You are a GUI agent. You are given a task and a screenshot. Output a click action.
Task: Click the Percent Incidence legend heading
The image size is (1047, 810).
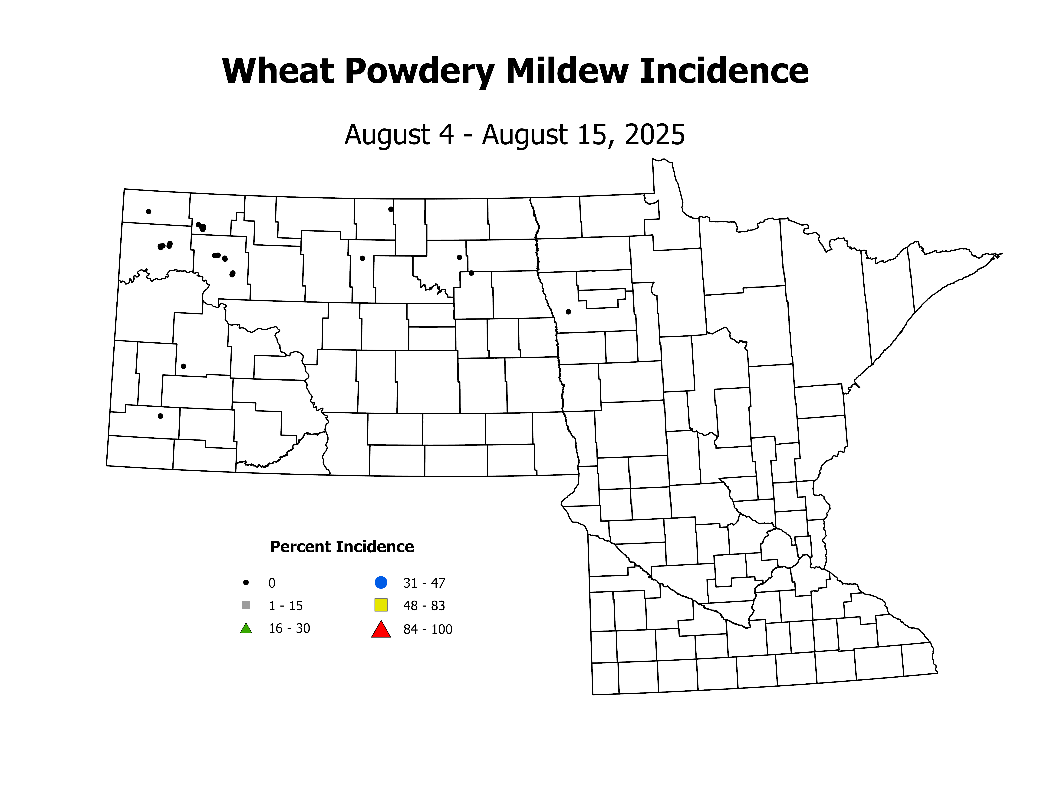coord(342,547)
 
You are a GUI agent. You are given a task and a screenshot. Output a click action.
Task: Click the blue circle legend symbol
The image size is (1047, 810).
coord(381,583)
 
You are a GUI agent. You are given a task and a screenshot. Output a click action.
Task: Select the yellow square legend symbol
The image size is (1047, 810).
coord(381,605)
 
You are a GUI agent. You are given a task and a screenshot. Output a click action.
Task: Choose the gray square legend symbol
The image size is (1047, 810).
coord(246,605)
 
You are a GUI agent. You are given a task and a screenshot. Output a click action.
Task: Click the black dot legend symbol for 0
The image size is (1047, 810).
coord(246,583)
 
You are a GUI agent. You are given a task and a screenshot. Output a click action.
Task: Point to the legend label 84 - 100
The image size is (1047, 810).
coord(428,630)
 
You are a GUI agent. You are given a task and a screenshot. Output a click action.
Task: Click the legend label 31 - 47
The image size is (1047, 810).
coord(424,583)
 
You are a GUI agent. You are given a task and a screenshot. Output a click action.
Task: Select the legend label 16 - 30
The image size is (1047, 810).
coord(289,629)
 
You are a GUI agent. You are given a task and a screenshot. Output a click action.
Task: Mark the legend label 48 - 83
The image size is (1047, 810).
coord(424,606)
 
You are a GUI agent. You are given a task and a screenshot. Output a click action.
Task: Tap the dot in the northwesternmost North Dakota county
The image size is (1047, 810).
coord(149,212)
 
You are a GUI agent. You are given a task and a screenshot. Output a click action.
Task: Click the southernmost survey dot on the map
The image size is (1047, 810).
coord(161,416)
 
